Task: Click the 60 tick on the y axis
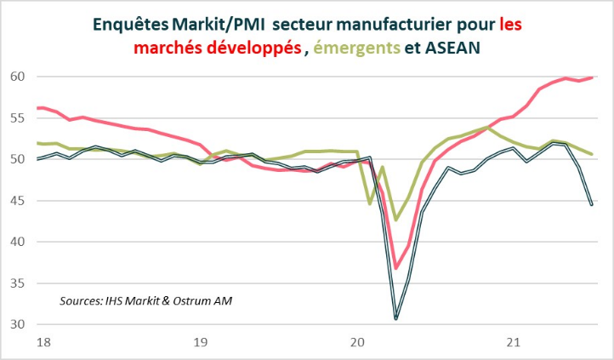coord(16,77)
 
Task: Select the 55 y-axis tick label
coord(16,118)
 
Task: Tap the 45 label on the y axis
coord(16,201)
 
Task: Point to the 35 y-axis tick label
coord(16,283)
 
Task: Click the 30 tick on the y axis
coord(16,324)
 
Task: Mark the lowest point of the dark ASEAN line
coord(396,319)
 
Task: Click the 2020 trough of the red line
coord(396,268)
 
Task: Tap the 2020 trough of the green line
coord(396,220)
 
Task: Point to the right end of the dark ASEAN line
coord(592,204)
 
